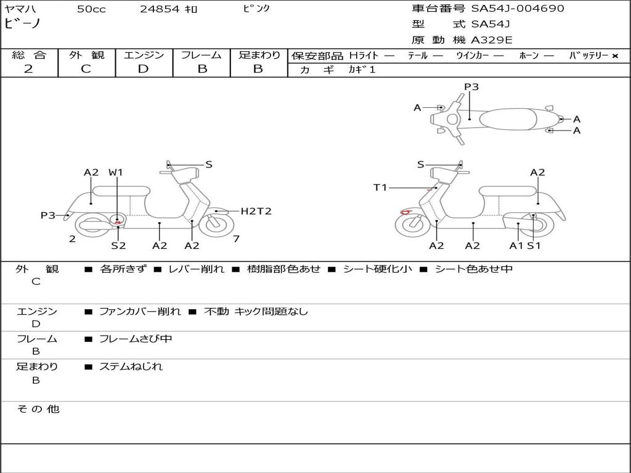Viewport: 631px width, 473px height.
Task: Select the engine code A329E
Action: coord(492,41)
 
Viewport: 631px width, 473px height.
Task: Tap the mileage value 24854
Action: coord(160,9)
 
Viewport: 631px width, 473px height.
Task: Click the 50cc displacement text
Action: coord(91,9)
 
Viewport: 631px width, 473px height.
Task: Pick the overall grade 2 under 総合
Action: coord(28,69)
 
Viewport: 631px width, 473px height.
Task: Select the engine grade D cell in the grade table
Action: coord(143,69)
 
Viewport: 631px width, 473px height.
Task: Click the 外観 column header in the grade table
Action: coord(86,55)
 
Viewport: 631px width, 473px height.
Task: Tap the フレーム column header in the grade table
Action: coord(202,55)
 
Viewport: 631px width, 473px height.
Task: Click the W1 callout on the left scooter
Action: coord(116,172)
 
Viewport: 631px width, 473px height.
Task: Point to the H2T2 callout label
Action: coord(256,211)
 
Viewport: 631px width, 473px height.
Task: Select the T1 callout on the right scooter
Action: coord(380,187)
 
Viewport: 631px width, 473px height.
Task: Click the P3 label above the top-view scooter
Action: coord(471,87)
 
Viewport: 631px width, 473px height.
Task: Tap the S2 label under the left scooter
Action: coord(118,246)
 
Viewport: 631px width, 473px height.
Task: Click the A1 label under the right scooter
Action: coord(516,246)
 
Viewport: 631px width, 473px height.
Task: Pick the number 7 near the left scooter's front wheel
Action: coord(236,239)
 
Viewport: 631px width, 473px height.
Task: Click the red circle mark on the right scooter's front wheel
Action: coord(406,212)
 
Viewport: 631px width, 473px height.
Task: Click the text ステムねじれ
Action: coord(131,366)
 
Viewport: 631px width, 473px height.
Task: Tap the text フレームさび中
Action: coord(136,339)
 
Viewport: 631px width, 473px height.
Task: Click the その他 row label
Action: coord(38,409)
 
